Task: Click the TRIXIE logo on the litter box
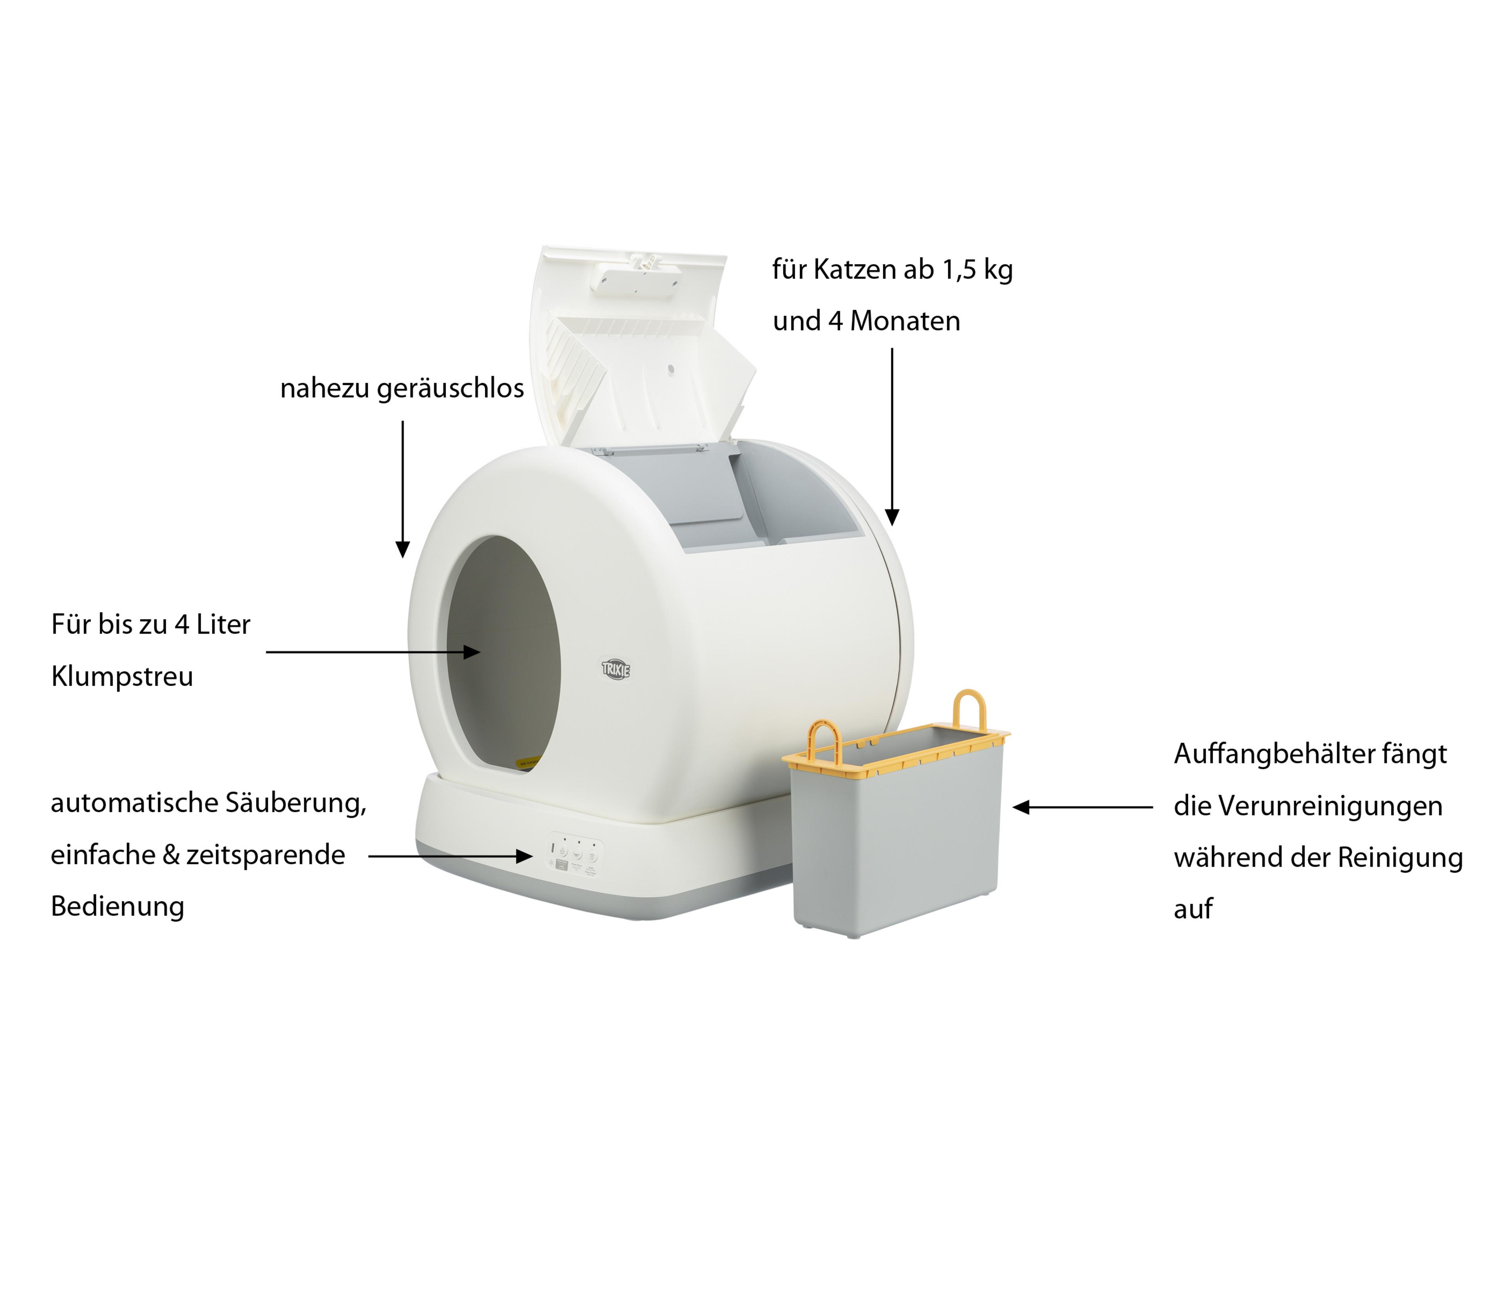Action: pos(616,669)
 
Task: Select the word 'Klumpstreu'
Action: pos(122,676)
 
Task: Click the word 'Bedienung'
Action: pos(117,906)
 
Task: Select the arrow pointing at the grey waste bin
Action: pos(1081,807)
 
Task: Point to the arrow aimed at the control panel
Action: pos(450,857)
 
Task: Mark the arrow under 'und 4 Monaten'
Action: pos(892,436)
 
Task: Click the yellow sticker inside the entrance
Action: pos(528,763)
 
